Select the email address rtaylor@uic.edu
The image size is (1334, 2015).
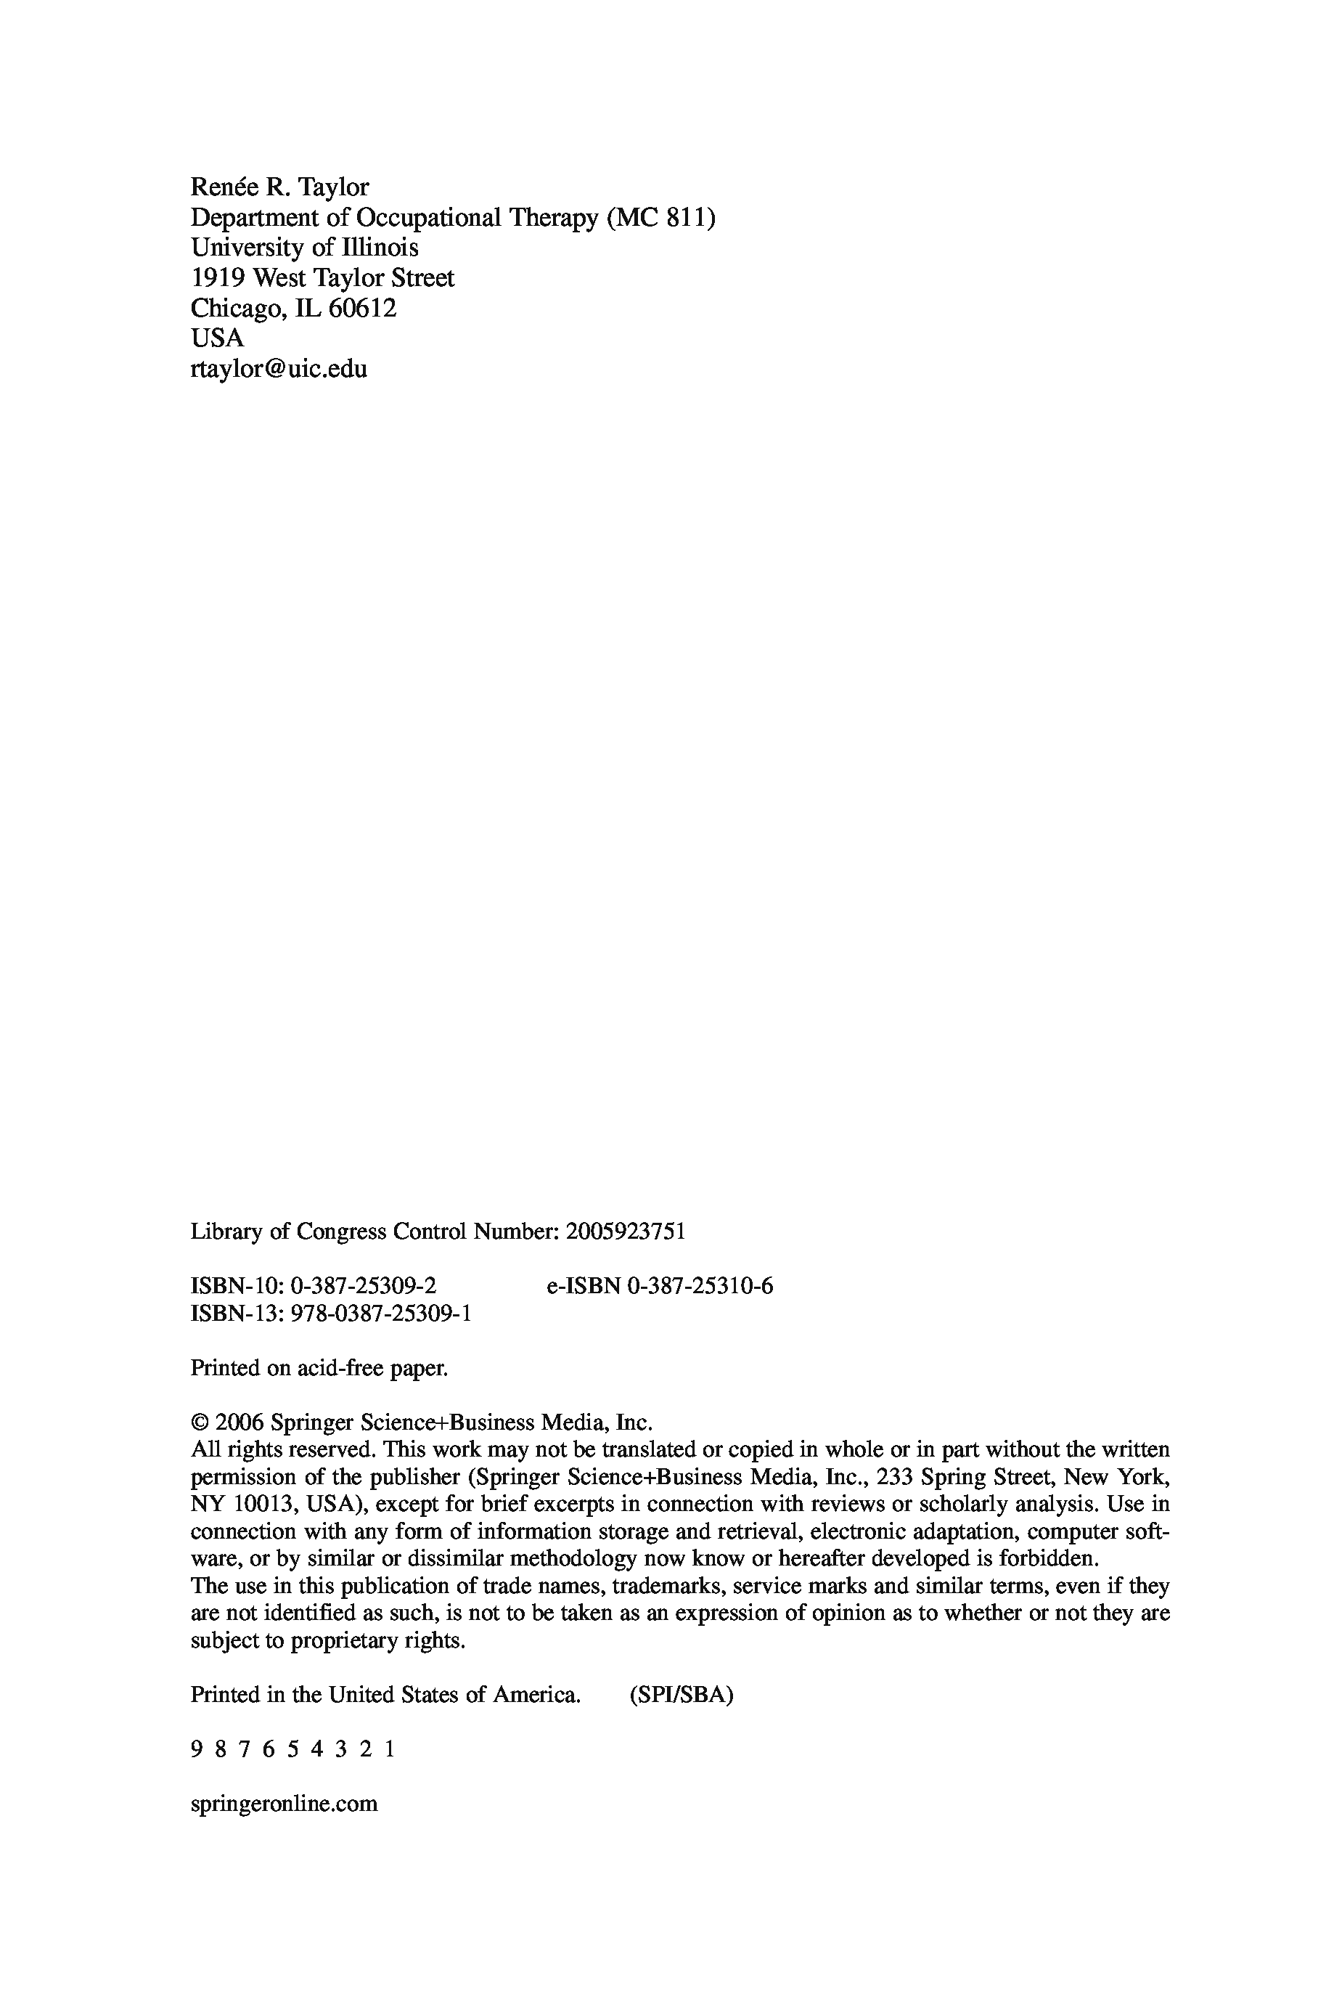279,370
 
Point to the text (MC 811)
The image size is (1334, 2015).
661,218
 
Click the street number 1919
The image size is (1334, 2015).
218,278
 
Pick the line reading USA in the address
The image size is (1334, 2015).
217,338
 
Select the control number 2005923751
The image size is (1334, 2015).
626,1232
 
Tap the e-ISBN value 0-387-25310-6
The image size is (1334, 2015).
700,1286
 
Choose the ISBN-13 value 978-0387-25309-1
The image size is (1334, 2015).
381,1314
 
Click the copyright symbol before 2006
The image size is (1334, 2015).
199,1422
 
